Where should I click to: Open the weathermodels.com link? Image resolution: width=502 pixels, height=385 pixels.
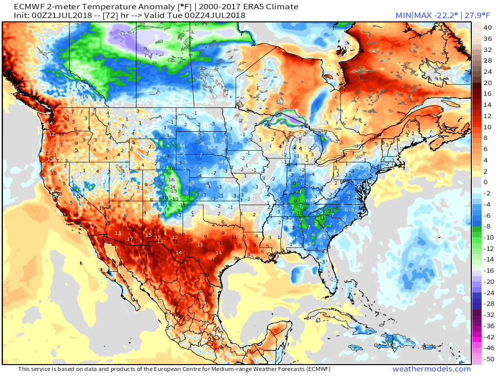click(x=431, y=369)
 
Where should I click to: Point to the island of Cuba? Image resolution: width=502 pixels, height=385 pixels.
click(x=336, y=316)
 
